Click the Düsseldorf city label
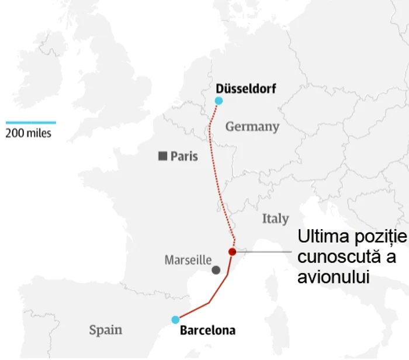pyautogui.click(x=245, y=89)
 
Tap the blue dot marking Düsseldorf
pyautogui.click(x=219, y=101)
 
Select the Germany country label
pyautogui.click(x=252, y=126)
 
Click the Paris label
pyautogui.click(x=184, y=157)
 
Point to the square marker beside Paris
pyautogui.click(x=163, y=156)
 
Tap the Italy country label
pyautogui.click(x=275, y=219)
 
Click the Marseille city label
pyautogui.click(x=188, y=259)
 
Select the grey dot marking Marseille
pyautogui.click(x=216, y=270)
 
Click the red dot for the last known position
pyautogui.click(x=232, y=252)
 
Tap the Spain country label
pyautogui.click(x=106, y=330)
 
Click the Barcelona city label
pyautogui.click(x=207, y=331)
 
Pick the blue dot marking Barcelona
pyautogui.click(x=175, y=320)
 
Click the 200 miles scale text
pyautogui.click(x=29, y=133)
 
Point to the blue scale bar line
pyautogui.click(x=31, y=123)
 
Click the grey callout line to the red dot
pyautogui.click(x=263, y=252)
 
